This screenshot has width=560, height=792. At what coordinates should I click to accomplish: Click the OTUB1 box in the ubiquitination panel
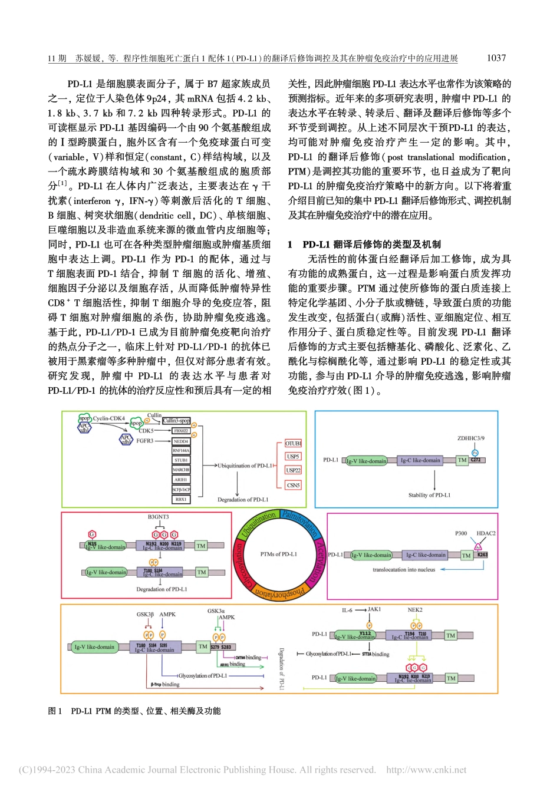click(x=293, y=443)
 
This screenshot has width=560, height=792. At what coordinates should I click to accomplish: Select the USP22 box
click(x=293, y=470)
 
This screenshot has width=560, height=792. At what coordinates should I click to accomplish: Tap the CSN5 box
click(x=293, y=485)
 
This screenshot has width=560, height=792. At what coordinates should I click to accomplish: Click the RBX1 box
click(x=181, y=499)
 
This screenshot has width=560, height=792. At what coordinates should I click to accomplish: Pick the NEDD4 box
click(x=181, y=441)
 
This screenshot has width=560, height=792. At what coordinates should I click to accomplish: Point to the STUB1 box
click(x=181, y=460)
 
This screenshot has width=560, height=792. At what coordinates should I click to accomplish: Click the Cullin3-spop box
click(x=177, y=421)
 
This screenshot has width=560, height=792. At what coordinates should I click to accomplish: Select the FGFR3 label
click(x=145, y=441)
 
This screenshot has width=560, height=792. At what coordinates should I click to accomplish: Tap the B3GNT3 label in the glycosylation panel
click(x=158, y=517)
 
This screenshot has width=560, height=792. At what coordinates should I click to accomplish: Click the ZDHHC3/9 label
click(x=470, y=438)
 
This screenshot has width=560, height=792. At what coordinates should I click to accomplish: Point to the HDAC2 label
click(x=486, y=533)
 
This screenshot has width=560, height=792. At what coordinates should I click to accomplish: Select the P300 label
click(x=461, y=533)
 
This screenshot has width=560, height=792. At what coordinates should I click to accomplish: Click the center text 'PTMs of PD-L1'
click(x=279, y=554)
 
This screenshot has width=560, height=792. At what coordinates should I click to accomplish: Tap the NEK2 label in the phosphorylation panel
click(x=415, y=610)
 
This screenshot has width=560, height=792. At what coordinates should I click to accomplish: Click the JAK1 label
click(x=374, y=609)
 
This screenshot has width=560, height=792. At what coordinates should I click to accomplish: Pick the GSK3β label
click(x=145, y=614)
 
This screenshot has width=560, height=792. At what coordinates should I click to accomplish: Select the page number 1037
click(x=496, y=58)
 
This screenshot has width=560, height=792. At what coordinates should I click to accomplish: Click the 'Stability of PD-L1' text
click(x=429, y=495)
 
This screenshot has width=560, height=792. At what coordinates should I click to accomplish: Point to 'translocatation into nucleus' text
click(x=404, y=570)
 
